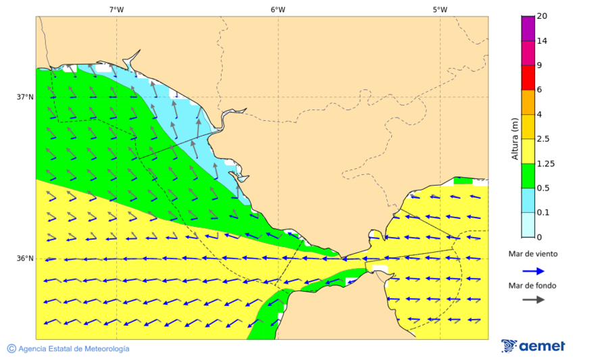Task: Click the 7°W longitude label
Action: click(x=116, y=9)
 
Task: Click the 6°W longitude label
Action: click(x=278, y=9)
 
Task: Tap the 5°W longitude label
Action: click(x=440, y=9)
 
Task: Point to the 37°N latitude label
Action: click(x=25, y=97)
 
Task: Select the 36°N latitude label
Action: click(x=25, y=259)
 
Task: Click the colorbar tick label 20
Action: click(x=542, y=16)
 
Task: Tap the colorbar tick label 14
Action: click(x=542, y=41)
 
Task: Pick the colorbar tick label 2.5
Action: click(x=543, y=139)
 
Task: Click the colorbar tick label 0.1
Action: click(x=543, y=213)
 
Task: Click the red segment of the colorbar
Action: click(x=528, y=78)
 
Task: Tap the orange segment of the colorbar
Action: click(x=528, y=102)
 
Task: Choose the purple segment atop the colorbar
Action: click(x=528, y=28)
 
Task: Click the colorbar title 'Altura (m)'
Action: click(x=514, y=138)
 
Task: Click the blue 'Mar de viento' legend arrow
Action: click(x=533, y=271)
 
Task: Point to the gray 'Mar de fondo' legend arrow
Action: click(x=533, y=299)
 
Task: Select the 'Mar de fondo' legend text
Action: click(x=533, y=285)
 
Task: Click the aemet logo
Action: click(x=533, y=346)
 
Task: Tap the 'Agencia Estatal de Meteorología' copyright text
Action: click(x=68, y=349)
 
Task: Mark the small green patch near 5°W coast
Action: click(x=463, y=180)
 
